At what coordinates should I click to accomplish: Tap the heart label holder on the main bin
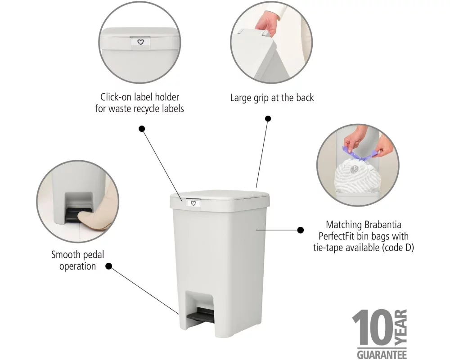click(193, 203)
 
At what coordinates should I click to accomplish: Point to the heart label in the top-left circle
click(140, 42)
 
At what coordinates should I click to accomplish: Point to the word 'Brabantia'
click(382, 225)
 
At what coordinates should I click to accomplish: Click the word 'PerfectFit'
click(336, 236)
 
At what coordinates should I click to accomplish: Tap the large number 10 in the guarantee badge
click(373, 327)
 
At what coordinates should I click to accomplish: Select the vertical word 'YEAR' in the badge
click(401, 327)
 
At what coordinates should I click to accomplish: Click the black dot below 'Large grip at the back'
click(268, 118)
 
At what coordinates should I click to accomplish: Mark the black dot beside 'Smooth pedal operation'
click(109, 266)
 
